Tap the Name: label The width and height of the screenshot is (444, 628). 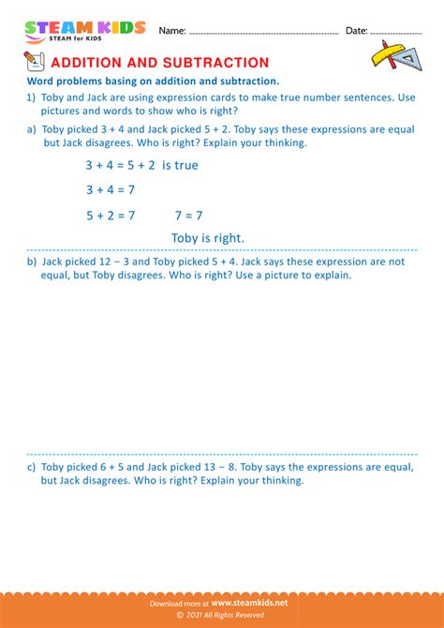[x=172, y=31]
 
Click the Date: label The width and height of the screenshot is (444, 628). [x=356, y=31]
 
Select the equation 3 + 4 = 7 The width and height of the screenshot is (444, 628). [x=110, y=190]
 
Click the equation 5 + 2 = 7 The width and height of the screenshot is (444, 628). [x=110, y=215]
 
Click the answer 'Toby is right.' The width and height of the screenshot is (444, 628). [x=208, y=238]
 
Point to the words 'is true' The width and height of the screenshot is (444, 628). [x=180, y=166]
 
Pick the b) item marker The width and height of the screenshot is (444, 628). [x=32, y=262]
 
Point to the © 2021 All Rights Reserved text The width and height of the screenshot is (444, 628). [x=222, y=616]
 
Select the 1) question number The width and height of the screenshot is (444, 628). [x=32, y=96]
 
